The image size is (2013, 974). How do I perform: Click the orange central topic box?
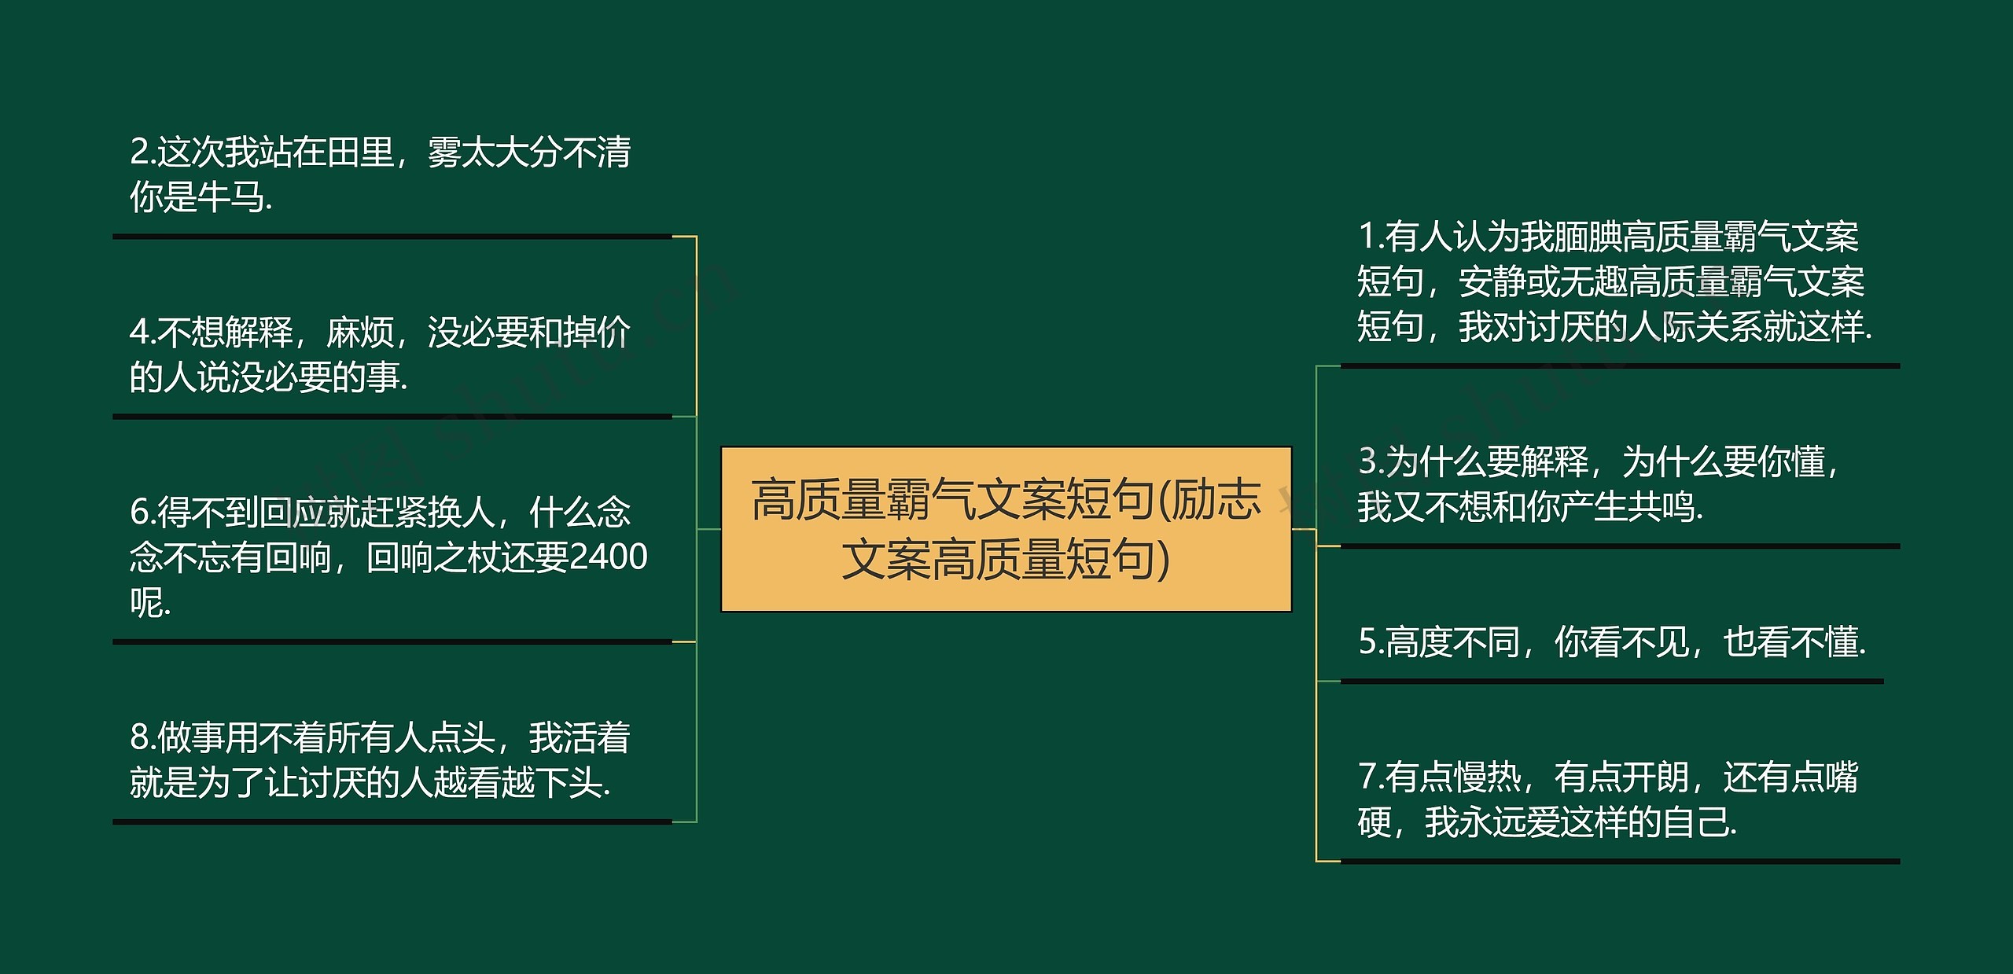click(1006, 528)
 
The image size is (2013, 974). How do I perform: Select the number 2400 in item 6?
click(608, 557)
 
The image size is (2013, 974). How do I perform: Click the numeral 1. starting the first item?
click(1370, 236)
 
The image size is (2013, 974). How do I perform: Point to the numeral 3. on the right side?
click(1370, 461)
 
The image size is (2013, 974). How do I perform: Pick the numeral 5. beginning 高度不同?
click(1370, 642)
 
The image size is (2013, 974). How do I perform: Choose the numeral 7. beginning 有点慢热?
click(1370, 777)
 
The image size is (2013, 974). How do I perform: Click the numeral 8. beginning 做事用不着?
click(142, 737)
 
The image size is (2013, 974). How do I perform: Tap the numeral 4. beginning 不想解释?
click(142, 332)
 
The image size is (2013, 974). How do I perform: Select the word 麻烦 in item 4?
click(360, 332)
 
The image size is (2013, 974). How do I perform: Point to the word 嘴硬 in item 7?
click(1840, 777)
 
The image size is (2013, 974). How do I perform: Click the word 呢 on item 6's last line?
click(146, 603)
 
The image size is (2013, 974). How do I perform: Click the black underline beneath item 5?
click(1612, 682)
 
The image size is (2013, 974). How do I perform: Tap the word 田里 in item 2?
click(360, 152)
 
